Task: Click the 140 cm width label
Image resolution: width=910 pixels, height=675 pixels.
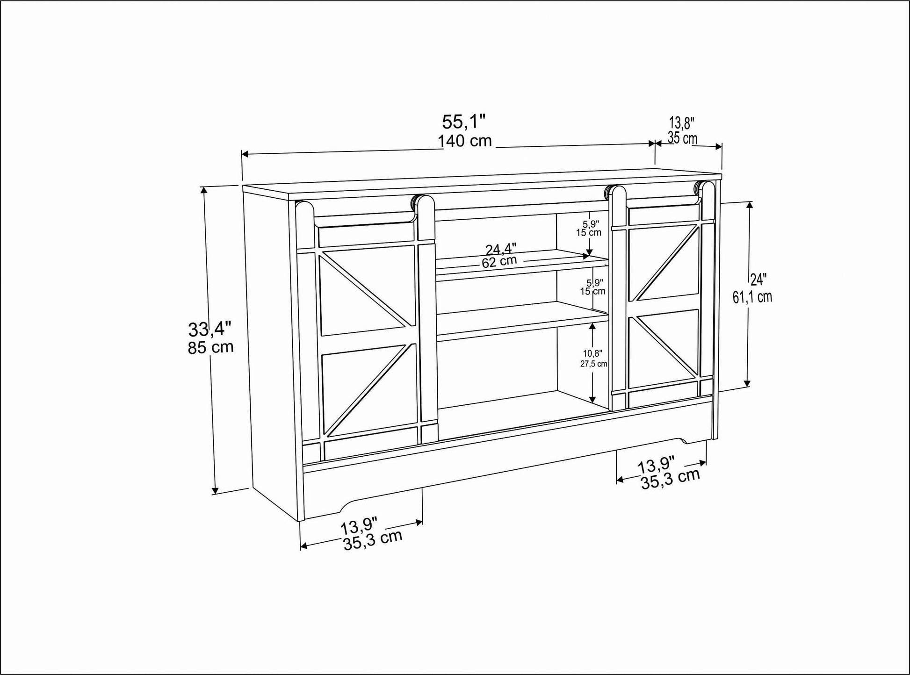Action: pos(465,141)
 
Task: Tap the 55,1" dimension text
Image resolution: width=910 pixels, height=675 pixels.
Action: pos(464,122)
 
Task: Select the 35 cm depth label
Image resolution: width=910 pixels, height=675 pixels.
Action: pos(682,138)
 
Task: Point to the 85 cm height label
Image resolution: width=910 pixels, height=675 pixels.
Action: pos(210,347)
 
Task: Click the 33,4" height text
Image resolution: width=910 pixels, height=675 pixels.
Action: pos(210,330)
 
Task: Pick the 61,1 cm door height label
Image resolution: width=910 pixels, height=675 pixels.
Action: pos(752,297)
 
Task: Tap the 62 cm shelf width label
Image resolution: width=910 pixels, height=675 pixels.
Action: pos(499,261)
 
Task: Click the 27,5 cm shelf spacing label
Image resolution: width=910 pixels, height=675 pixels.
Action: pos(593,364)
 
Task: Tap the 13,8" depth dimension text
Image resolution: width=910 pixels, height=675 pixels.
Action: pos(682,123)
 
